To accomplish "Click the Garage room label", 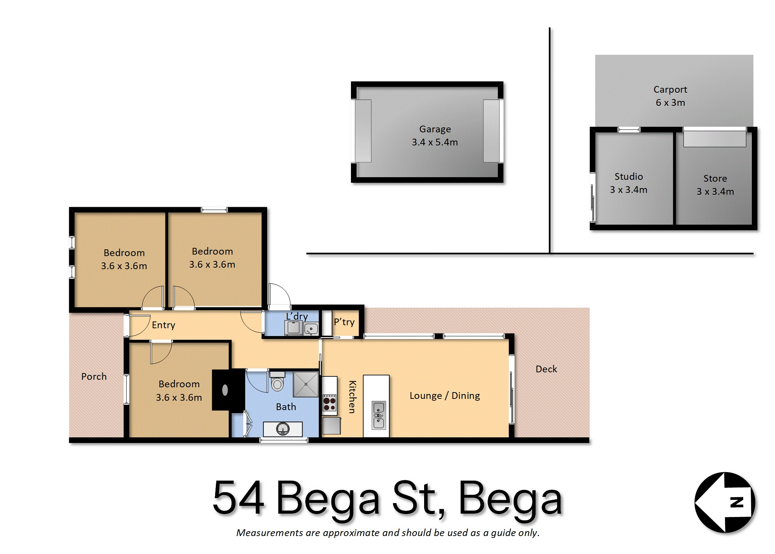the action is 435,129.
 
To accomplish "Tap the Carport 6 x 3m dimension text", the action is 670,102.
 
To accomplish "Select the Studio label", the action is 629,176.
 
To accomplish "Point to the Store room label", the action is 715,178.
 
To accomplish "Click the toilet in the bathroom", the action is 277,381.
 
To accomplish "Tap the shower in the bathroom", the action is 306,384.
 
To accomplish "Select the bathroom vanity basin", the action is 283,429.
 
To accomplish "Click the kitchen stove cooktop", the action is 329,403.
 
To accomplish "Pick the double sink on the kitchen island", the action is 379,415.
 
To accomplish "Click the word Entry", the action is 163,325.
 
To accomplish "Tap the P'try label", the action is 344,322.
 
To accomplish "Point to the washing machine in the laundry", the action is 293,328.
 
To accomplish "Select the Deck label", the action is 546,369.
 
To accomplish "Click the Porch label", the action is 94,376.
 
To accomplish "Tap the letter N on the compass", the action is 737,502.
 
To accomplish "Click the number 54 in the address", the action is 238,497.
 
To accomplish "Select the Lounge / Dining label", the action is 445,396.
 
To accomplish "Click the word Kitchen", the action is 352,397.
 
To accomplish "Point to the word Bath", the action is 286,407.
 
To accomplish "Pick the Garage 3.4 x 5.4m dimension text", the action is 435,142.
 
